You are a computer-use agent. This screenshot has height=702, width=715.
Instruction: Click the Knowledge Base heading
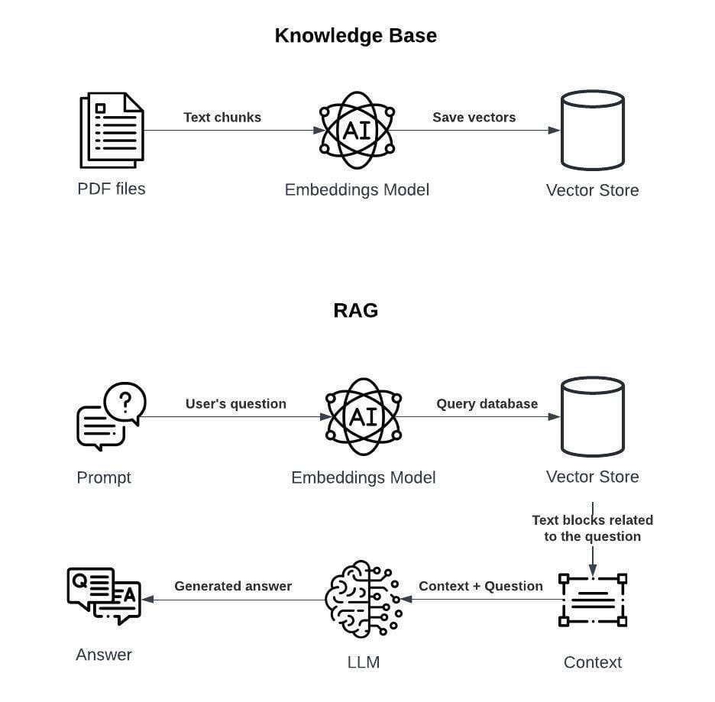coord(355,36)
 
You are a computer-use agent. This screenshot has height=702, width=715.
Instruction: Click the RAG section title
coord(355,310)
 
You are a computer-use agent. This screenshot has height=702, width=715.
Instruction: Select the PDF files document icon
coord(112,130)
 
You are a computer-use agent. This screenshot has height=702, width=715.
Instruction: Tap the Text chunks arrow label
coord(222,117)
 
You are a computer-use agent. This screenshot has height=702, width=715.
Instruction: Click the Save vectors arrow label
coord(474,117)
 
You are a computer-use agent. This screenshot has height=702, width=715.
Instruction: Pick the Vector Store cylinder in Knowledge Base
coord(592,130)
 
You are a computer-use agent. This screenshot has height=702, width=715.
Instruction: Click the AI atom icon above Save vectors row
coord(356,130)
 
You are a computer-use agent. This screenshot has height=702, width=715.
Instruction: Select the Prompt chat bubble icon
coord(111,416)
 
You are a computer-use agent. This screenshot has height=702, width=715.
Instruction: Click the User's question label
coord(235,403)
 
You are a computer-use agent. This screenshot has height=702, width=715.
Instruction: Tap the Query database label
coord(487,403)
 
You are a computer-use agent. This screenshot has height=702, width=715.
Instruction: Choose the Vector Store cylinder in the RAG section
coord(592,416)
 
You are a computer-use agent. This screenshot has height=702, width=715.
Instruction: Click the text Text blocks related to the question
coord(592,528)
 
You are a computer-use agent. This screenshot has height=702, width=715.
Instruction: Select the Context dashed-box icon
coord(592,600)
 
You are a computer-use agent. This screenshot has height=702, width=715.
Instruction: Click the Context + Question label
coord(480,586)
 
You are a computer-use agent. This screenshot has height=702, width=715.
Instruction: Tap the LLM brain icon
coord(363,600)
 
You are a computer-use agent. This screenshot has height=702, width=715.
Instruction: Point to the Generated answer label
coord(233,586)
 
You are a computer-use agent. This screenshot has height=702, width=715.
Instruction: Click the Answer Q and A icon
coord(104,596)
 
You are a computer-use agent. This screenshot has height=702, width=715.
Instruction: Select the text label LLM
coord(363,662)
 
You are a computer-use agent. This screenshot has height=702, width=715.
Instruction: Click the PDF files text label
coord(112,189)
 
